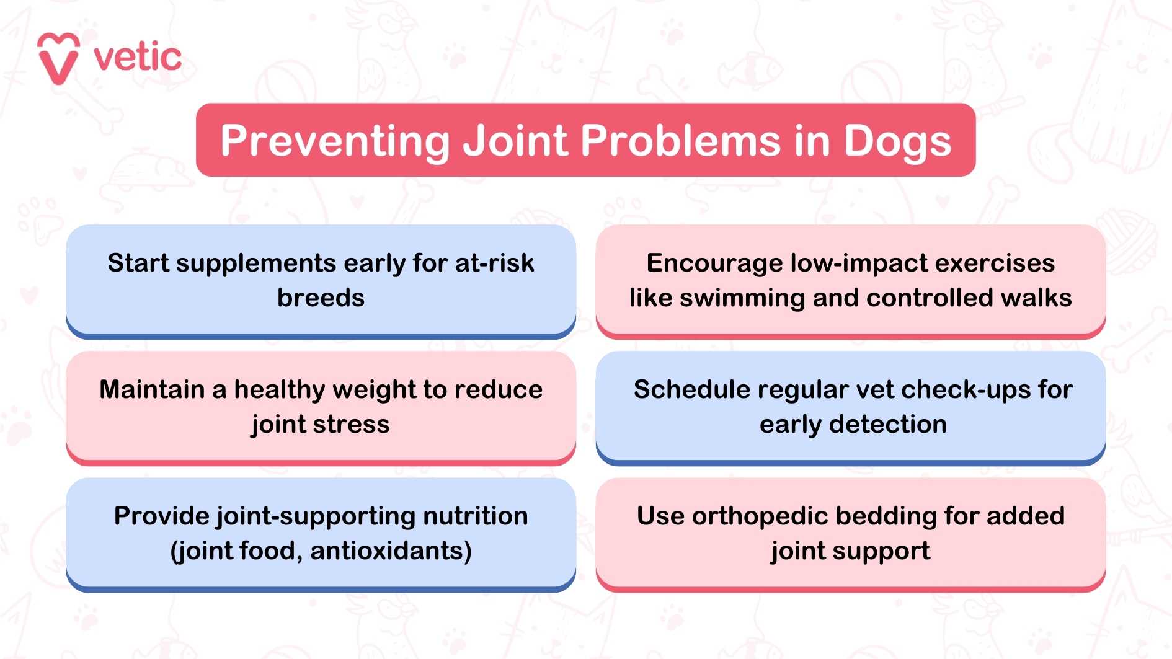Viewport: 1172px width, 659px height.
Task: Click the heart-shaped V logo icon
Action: (x=58, y=58)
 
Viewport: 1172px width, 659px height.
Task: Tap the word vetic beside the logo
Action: (x=138, y=58)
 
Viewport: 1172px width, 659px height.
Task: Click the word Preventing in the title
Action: (x=335, y=141)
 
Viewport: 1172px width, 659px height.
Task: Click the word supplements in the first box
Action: (x=256, y=263)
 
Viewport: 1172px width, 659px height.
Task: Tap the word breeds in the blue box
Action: (x=321, y=298)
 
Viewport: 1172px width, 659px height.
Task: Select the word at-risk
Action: (x=494, y=263)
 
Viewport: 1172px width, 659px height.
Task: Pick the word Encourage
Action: (x=713, y=263)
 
